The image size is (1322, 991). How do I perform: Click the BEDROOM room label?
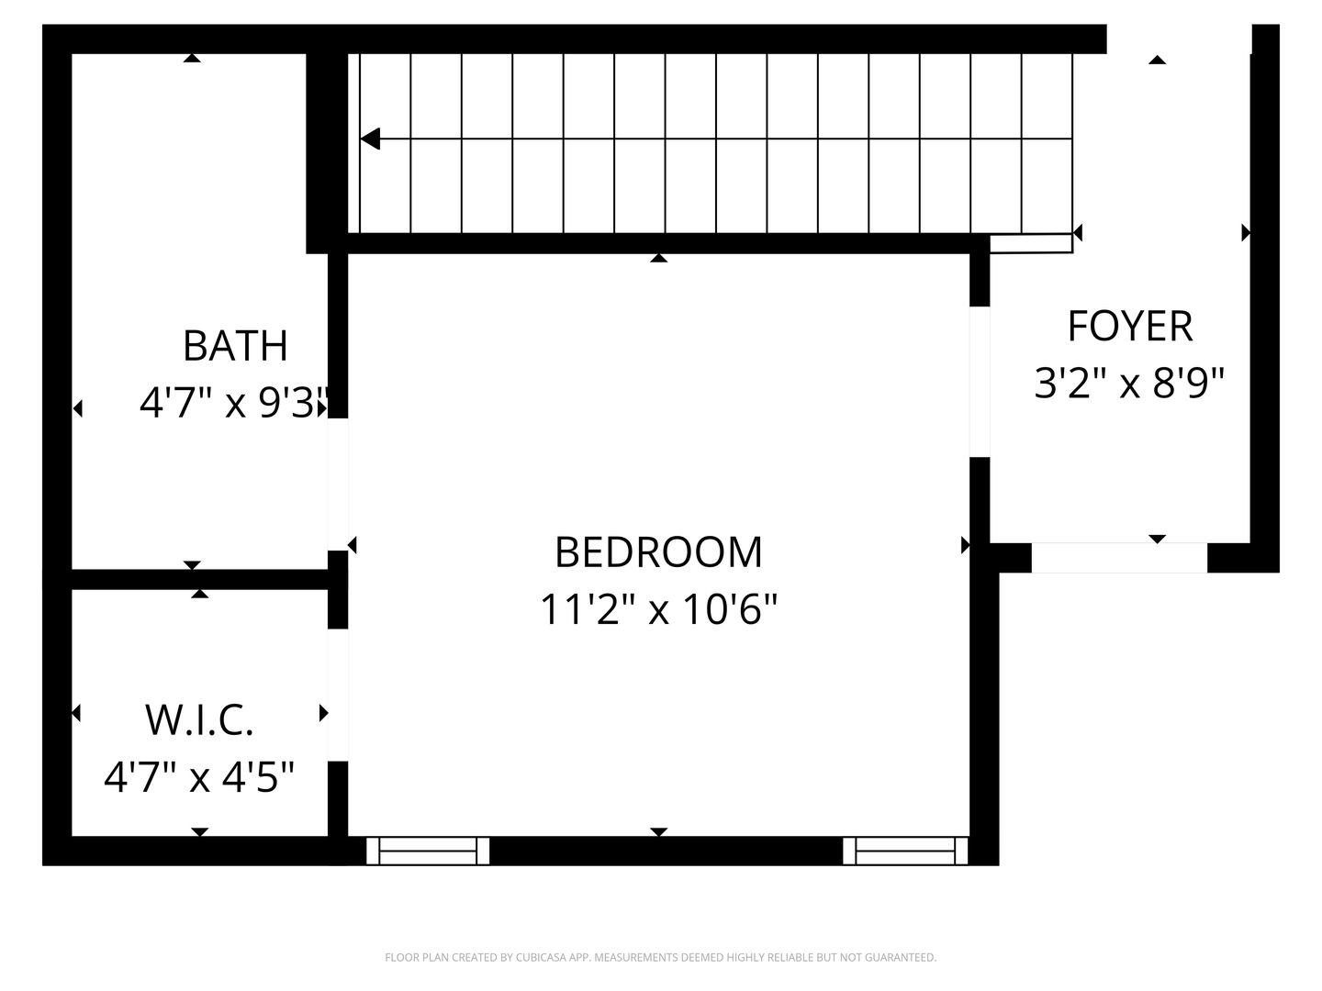pyautogui.click(x=658, y=551)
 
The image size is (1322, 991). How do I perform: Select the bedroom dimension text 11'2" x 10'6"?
pyautogui.click(x=658, y=608)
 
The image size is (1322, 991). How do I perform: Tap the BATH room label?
pyautogui.click(x=235, y=345)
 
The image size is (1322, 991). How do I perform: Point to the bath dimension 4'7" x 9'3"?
pyautogui.click(x=234, y=402)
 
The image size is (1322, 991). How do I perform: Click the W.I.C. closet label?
pyautogui.click(x=199, y=720)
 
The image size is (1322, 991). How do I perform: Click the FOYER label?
pyautogui.click(x=1129, y=326)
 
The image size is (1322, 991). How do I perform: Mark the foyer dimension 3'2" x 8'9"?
pyautogui.click(x=1129, y=383)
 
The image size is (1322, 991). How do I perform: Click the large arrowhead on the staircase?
pyautogui.click(x=370, y=139)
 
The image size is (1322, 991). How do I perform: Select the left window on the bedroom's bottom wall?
pyautogui.click(x=428, y=851)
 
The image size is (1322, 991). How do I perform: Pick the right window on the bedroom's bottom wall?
pyautogui.click(x=905, y=851)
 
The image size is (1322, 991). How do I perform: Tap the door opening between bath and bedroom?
pyautogui.click(x=338, y=484)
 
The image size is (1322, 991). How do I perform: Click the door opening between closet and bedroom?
pyautogui.click(x=338, y=695)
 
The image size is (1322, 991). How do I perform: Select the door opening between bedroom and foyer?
pyautogui.click(x=980, y=382)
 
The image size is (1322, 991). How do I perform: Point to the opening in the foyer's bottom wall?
pyautogui.click(x=1119, y=558)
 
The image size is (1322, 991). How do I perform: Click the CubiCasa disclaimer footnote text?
pyautogui.click(x=660, y=958)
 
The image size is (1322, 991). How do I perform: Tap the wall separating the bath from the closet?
pyautogui.click(x=200, y=579)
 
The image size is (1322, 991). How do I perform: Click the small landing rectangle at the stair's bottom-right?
pyautogui.click(x=1031, y=243)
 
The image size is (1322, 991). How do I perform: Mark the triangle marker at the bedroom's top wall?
pyautogui.click(x=658, y=259)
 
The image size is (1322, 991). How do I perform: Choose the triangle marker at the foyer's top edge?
pyautogui.click(x=1157, y=60)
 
